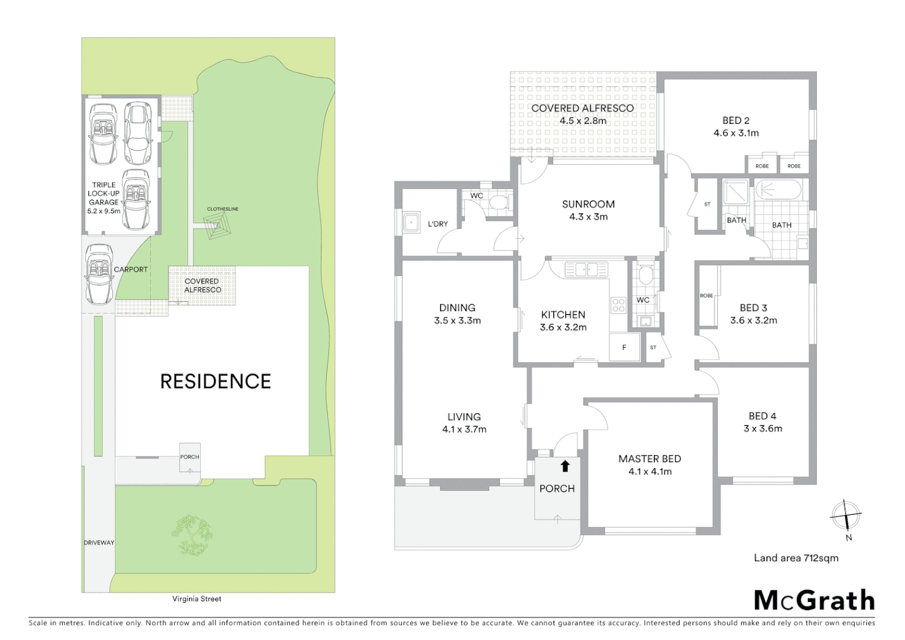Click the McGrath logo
tap(814, 600)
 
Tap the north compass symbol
tap(846, 516)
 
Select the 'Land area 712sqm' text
tap(795, 558)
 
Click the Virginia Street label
tap(197, 599)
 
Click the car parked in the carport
tap(100, 274)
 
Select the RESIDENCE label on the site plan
tap(216, 381)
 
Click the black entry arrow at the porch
tap(565, 466)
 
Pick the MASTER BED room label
tap(649, 459)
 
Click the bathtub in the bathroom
tap(778, 190)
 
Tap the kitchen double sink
tap(586, 270)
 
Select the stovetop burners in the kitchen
tap(618, 305)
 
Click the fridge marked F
tap(624, 347)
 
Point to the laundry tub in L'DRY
tap(411, 223)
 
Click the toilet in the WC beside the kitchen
tap(644, 275)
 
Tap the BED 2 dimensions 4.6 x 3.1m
tap(736, 133)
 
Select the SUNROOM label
tap(588, 204)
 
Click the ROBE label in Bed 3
tap(706, 295)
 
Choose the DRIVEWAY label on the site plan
tap(99, 542)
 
